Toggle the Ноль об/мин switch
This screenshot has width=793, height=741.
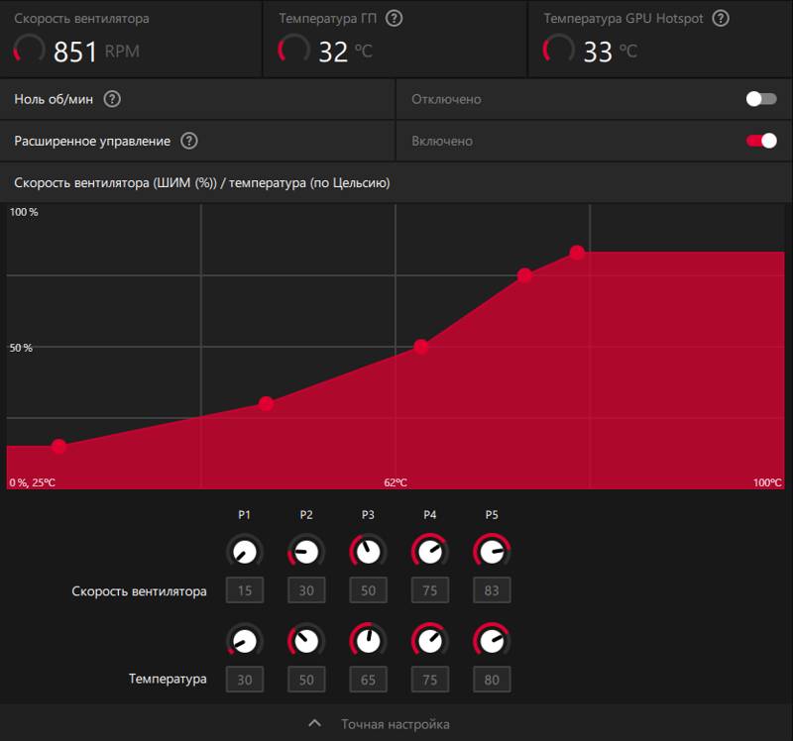pos(761,99)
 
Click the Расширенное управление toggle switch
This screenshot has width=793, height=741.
pos(761,141)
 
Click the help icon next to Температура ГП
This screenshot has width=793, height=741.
pos(394,19)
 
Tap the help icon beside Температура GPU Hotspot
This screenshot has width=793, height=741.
pos(721,19)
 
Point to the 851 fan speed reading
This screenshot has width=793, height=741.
pos(75,52)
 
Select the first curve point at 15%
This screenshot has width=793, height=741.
pos(59,446)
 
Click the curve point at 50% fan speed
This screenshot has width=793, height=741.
pos(420,347)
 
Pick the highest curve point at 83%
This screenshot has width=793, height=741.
pos(577,253)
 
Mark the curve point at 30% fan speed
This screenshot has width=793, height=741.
pos(267,403)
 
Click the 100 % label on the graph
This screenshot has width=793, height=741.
pos(24,212)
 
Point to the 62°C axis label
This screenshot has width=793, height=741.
pos(396,482)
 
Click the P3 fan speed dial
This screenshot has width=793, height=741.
pos(368,551)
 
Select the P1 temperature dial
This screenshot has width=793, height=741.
pos(245,641)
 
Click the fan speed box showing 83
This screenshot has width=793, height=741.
pos(492,589)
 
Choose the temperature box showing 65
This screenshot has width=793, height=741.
pos(368,680)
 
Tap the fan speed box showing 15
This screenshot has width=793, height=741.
pos(245,589)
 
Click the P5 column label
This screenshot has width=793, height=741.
pos(492,514)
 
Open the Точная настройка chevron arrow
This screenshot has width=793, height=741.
pos(314,723)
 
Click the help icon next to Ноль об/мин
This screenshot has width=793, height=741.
pos(112,99)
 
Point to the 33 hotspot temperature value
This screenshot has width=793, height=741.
pos(598,52)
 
